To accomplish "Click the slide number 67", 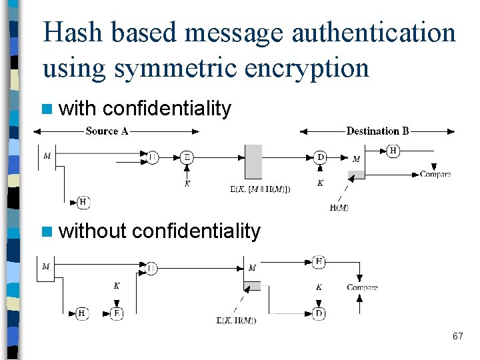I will click(x=457, y=336).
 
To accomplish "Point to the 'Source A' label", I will click(x=107, y=131).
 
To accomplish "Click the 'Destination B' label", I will click(x=377, y=131).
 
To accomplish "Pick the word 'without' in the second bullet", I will click(x=93, y=231).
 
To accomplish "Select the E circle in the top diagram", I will click(x=187, y=157).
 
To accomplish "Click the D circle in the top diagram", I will click(x=320, y=157).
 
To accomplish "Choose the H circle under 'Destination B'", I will click(x=393, y=151).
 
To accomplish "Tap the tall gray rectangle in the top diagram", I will click(x=253, y=161).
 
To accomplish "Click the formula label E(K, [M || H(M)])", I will click(x=260, y=189).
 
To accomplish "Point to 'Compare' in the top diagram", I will click(x=435, y=175).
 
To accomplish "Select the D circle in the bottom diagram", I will click(x=319, y=313).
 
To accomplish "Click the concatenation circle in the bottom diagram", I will click(x=151, y=268).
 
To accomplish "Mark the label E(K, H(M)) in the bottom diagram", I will click(x=236, y=321).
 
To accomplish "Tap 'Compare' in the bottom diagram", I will click(x=362, y=287).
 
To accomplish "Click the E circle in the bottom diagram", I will click(x=117, y=313).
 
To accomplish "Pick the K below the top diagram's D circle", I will click(x=320, y=183).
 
